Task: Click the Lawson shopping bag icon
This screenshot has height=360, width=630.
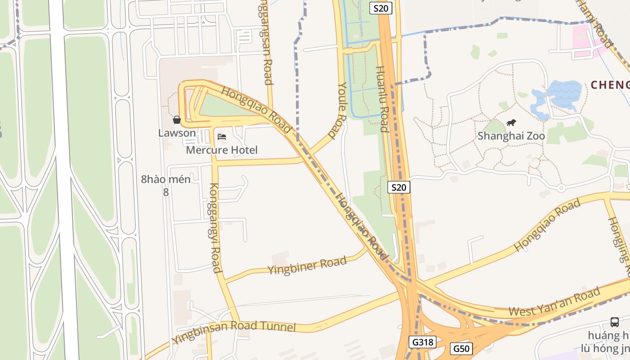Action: [x=177, y=120]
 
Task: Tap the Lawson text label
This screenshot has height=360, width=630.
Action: [x=177, y=133]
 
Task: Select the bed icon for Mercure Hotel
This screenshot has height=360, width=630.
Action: [x=221, y=136]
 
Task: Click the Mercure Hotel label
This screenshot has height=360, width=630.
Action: [x=222, y=150]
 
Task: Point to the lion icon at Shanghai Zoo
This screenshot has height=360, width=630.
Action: [x=511, y=122]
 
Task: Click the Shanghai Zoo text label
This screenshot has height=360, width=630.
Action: [x=511, y=135]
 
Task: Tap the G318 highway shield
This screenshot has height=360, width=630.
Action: [x=423, y=342]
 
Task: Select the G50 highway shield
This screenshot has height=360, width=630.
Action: [x=461, y=348]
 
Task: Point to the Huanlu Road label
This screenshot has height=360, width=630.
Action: [x=382, y=99]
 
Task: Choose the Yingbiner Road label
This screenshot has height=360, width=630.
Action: [x=307, y=265]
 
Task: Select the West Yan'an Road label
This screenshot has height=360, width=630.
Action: [x=554, y=302]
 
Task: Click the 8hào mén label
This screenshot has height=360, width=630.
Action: [x=166, y=179]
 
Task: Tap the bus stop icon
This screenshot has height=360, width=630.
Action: [x=615, y=322]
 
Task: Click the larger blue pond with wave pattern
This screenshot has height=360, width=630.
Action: [x=564, y=94]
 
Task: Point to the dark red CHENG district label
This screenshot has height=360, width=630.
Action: [x=610, y=85]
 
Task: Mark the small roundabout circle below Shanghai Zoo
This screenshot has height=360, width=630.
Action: [x=561, y=188]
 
